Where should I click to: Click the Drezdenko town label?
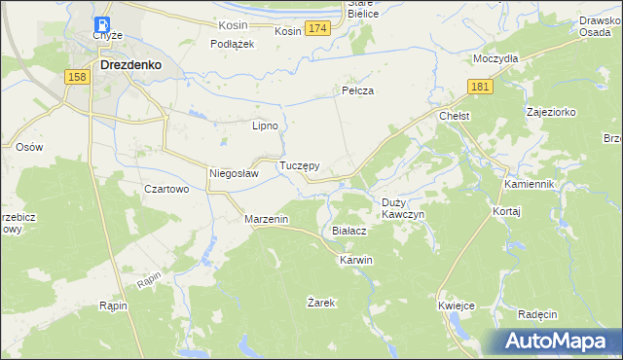click(x=129, y=66)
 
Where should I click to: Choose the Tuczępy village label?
click(x=300, y=166)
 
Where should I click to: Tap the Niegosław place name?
click(x=234, y=174)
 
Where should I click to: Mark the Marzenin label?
click(x=267, y=220)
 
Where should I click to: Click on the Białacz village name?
click(x=348, y=231)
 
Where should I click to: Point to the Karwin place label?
click(x=355, y=261)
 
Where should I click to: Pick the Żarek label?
click(x=321, y=303)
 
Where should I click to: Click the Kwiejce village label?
click(x=456, y=306)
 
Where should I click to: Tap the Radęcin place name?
click(x=537, y=314)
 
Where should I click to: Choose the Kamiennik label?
click(x=529, y=184)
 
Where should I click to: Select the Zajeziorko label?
click(x=551, y=112)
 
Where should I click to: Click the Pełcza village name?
click(x=358, y=90)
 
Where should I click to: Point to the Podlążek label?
click(x=233, y=44)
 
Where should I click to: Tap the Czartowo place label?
click(x=165, y=190)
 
